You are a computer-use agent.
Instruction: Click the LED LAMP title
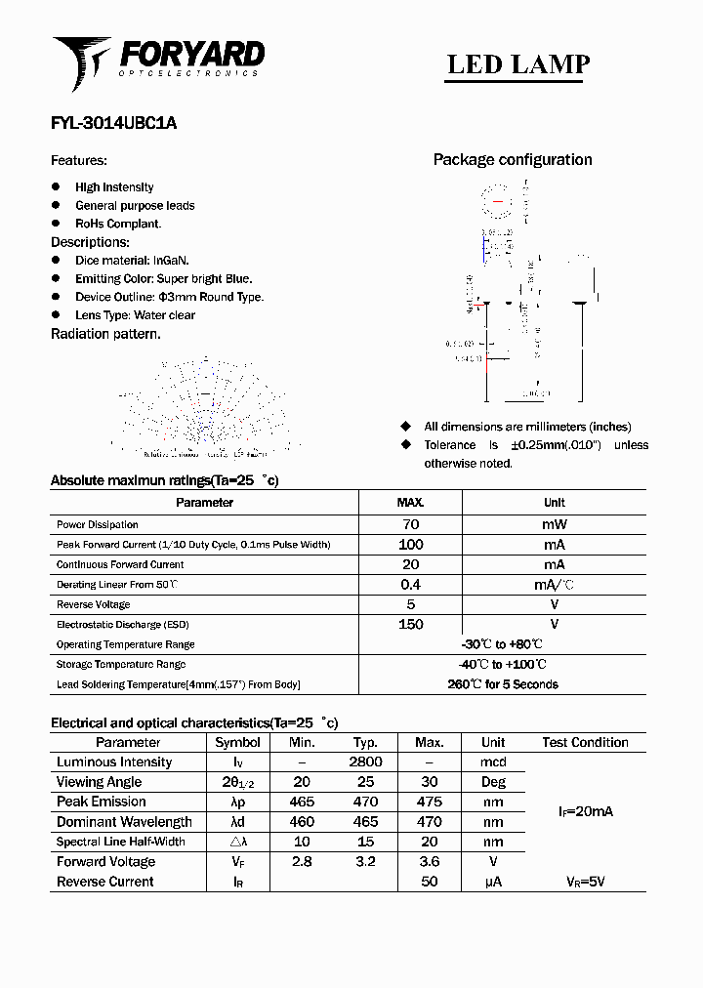tap(517, 64)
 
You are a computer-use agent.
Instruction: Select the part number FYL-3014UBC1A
tap(113, 124)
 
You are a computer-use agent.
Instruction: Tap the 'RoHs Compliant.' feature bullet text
tap(118, 224)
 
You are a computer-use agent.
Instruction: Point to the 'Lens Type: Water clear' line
tap(135, 315)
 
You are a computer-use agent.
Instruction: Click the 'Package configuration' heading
tap(513, 160)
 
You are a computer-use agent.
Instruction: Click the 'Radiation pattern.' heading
tap(105, 334)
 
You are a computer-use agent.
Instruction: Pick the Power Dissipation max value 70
tap(410, 524)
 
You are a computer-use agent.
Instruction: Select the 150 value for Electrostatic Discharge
tap(410, 624)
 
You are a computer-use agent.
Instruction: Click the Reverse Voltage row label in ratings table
tap(94, 604)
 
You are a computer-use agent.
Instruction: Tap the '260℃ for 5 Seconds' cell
tap(503, 684)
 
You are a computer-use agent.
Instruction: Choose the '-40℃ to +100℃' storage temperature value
tap(503, 664)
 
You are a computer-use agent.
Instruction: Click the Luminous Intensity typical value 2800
tap(365, 762)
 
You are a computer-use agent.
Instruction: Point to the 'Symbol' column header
tap(237, 742)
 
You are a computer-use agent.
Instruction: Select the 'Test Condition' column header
tap(585, 742)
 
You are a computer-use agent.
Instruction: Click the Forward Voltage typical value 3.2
tap(365, 861)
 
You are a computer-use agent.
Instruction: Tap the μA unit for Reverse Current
tap(493, 882)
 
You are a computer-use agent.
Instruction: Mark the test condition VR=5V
tap(585, 882)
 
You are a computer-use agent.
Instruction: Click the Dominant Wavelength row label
tap(124, 822)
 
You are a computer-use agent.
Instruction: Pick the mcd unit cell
tap(493, 762)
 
